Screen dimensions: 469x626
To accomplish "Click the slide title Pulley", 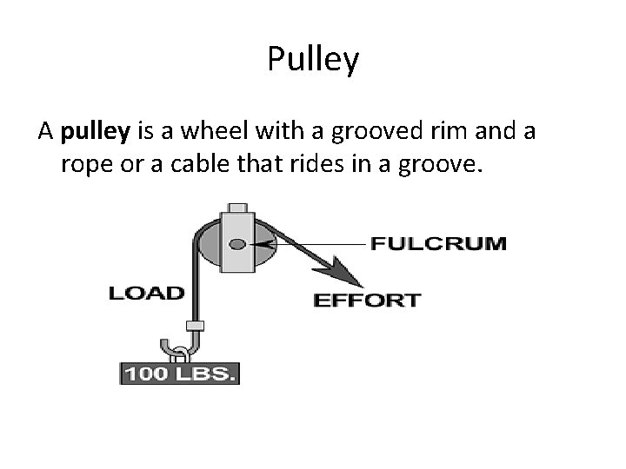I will pyautogui.click(x=313, y=60).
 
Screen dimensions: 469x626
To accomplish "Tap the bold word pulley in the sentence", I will pyautogui.click(x=96, y=132).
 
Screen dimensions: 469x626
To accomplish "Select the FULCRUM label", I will pyautogui.click(x=438, y=243).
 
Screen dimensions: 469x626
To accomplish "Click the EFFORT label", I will pyautogui.click(x=367, y=301).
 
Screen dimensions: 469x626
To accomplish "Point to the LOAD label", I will pyautogui.click(x=146, y=292).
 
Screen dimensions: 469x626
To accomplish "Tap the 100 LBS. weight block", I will pyautogui.click(x=178, y=374).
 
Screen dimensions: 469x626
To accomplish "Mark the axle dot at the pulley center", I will pyautogui.click(x=236, y=244).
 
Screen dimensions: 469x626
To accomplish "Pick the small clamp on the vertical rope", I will pyautogui.click(x=196, y=326).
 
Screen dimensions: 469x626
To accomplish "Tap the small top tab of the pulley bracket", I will pyautogui.click(x=236, y=208).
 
